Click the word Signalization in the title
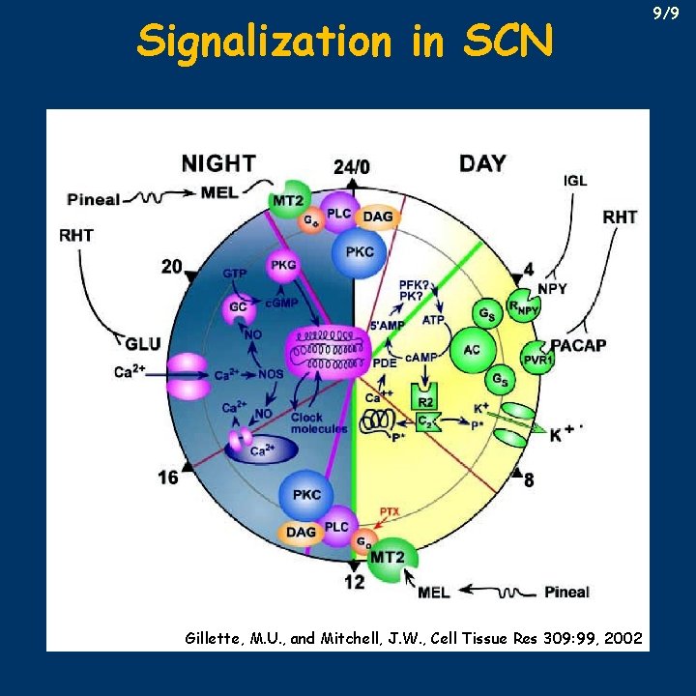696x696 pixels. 263,42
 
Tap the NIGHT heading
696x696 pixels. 218,163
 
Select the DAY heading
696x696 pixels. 481,162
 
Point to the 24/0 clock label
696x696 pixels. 352,167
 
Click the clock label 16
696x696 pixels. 168,477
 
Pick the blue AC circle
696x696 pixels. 472,349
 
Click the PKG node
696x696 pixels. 283,265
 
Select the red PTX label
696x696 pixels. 389,512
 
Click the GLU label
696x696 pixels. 143,343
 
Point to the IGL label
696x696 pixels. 574,181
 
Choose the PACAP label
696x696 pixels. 578,345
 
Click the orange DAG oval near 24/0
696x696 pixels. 378,217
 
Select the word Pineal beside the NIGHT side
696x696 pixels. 94,200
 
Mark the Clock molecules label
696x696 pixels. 318,422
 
